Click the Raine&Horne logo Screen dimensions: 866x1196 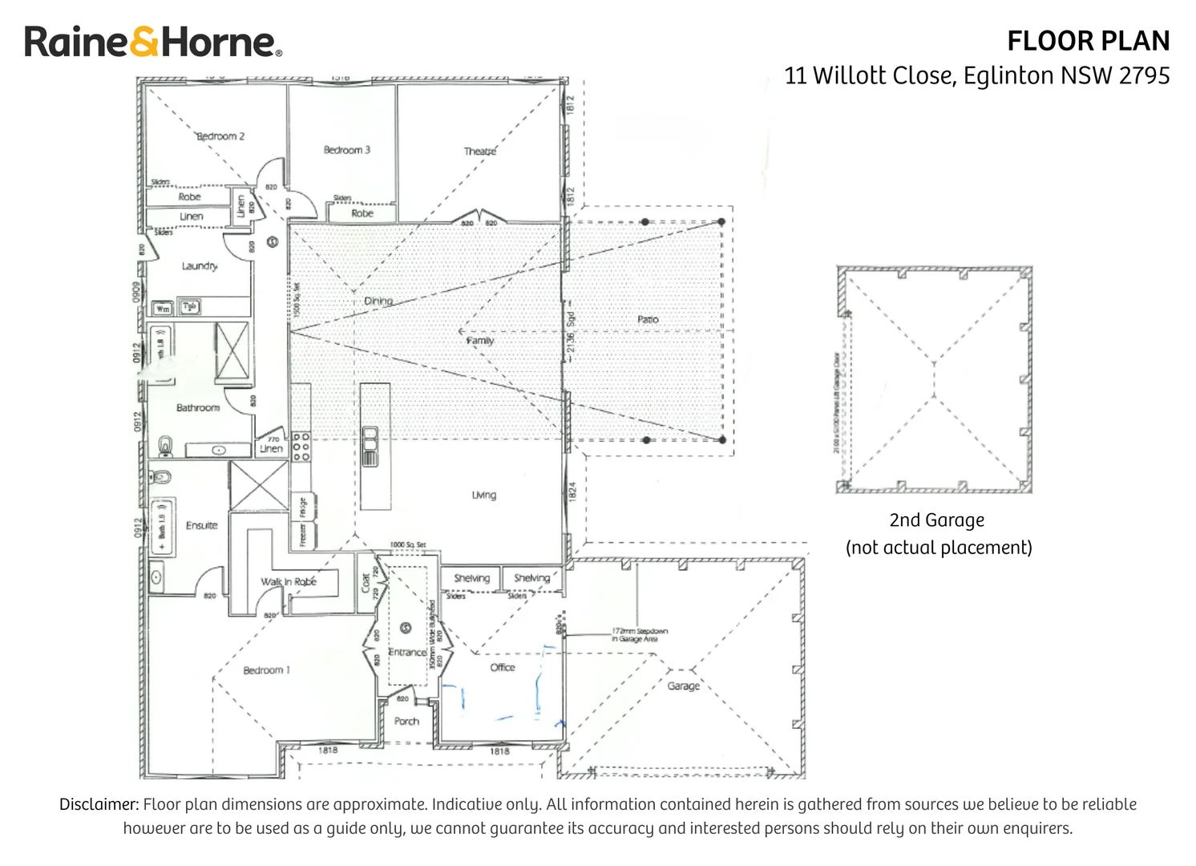(153, 42)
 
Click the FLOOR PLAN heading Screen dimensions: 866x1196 (1088, 41)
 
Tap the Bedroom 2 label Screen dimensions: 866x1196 (220, 136)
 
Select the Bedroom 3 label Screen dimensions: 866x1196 (346, 150)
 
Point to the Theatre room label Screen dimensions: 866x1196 (479, 151)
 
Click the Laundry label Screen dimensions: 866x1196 (199, 266)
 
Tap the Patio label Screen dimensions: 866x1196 (648, 319)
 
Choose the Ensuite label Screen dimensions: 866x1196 (201, 525)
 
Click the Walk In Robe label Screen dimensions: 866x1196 (289, 581)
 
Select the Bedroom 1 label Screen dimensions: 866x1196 (266, 670)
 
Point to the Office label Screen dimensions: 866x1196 (503, 667)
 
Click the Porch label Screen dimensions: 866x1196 (406, 721)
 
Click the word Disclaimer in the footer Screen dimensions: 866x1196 (99, 804)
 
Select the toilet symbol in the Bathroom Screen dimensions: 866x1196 (166, 446)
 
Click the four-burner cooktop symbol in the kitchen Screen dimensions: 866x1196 (301, 447)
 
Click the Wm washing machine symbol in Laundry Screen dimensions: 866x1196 (163, 308)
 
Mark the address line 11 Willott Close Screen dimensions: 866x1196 (976, 75)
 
